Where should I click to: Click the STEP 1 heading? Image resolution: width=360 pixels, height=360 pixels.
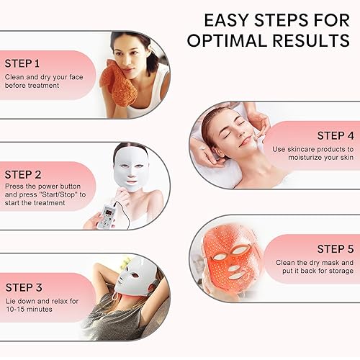click(24, 63)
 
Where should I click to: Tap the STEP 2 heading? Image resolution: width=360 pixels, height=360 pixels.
click(24, 174)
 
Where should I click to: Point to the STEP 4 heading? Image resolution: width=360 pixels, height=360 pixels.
click(335, 135)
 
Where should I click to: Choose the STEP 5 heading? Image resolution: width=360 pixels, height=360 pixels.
click(335, 249)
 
